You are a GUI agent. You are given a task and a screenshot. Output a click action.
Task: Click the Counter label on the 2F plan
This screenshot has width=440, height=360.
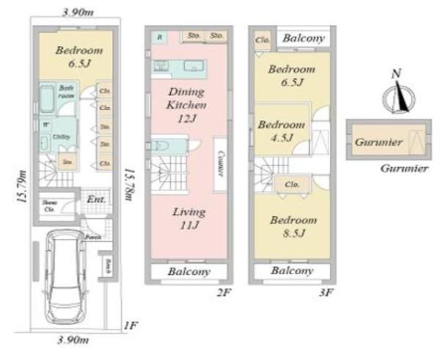pos(219,165)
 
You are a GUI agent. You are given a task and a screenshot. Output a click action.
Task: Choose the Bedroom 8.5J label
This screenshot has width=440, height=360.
pos(293,226)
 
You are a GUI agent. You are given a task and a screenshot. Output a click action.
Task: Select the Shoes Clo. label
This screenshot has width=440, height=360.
pos(50,205)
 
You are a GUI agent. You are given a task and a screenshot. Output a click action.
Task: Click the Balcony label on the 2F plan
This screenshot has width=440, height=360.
pos(190,271)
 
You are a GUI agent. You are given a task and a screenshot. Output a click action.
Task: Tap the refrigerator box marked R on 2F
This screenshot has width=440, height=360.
pos(159,35)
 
